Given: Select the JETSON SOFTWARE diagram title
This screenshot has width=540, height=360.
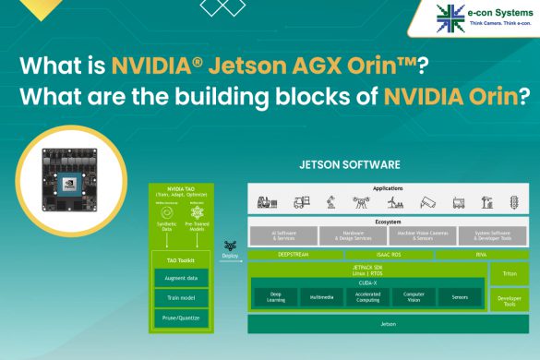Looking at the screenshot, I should pyautogui.click(x=337, y=167).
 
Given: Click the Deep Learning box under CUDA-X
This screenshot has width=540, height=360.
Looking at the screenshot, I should pyautogui.click(x=275, y=297).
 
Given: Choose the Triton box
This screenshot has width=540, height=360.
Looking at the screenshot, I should pyautogui.click(x=510, y=274).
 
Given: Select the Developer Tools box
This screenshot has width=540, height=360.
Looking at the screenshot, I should pyautogui.click(x=510, y=301).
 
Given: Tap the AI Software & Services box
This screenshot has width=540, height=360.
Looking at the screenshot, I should pyautogui.click(x=281, y=234).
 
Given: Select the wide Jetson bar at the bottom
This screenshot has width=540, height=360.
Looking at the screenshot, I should pyautogui.click(x=388, y=325).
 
